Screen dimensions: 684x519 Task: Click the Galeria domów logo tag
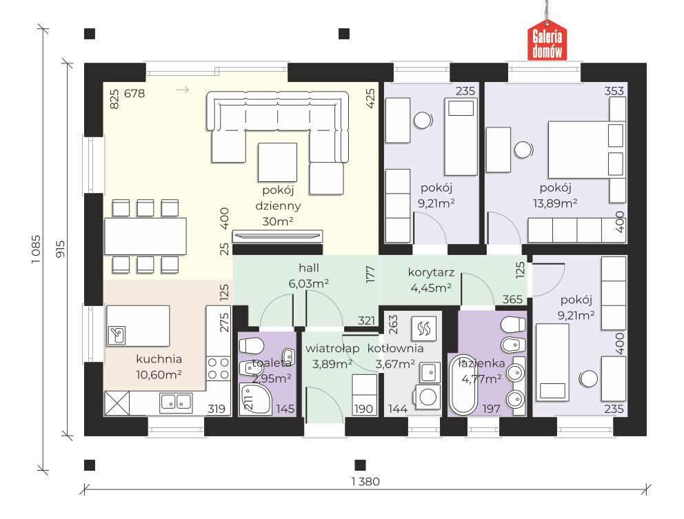(547, 41)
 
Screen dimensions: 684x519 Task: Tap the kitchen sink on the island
(117, 336)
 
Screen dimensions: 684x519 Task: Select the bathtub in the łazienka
(463, 384)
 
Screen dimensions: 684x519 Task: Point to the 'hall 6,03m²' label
(308, 275)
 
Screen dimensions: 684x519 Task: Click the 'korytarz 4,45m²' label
(431, 280)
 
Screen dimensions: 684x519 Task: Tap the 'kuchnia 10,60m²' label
(159, 367)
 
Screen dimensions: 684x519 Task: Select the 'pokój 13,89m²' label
(555, 195)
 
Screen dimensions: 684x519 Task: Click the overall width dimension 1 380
(365, 482)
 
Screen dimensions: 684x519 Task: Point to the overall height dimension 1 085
(36, 249)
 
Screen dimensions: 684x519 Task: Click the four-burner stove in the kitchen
(218, 368)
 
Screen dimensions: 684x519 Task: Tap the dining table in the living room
(145, 236)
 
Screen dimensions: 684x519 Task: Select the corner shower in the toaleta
(256, 399)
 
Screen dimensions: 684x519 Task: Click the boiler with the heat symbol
(423, 328)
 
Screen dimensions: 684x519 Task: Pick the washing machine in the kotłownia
(428, 397)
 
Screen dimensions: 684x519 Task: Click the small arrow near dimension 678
(182, 90)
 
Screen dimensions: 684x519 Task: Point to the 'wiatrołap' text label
(332, 349)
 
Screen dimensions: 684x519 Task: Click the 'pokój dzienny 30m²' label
(278, 205)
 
